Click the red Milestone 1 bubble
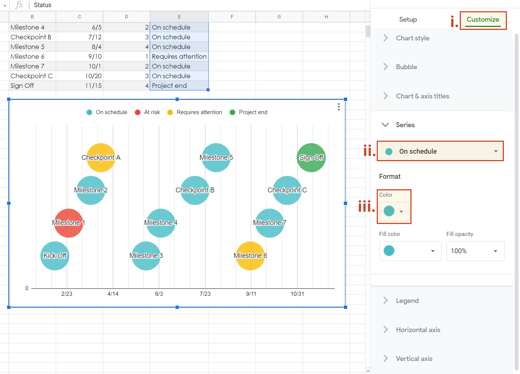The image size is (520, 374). click(68, 223)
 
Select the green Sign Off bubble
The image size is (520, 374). click(311, 157)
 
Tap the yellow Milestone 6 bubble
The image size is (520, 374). click(250, 256)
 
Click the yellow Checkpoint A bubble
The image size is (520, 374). click(101, 157)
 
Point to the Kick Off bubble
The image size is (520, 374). click(55, 256)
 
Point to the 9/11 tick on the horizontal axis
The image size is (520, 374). click(251, 294)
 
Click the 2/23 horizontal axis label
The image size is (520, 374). click(67, 294)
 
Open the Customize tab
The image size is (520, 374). click(483, 19)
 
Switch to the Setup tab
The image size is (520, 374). click(408, 19)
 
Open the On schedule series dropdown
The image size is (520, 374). click(440, 151)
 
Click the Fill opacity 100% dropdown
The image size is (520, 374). click(475, 251)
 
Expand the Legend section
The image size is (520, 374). click(407, 301)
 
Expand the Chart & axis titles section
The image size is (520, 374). click(422, 96)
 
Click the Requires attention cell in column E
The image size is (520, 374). click(179, 56)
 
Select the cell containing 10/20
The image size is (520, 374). click(79, 76)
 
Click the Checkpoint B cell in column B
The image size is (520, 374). click(32, 37)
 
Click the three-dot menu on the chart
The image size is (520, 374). click(339, 107)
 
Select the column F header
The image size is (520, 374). click(232, 17)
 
